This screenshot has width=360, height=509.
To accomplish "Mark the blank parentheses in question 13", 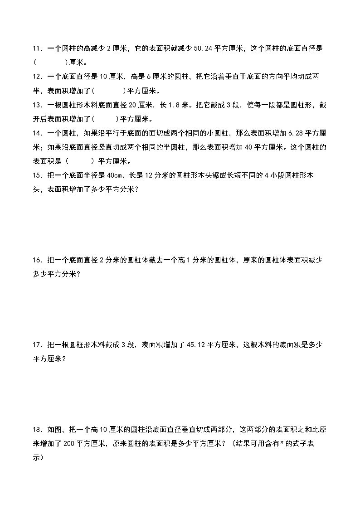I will [x=105, y=119].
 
